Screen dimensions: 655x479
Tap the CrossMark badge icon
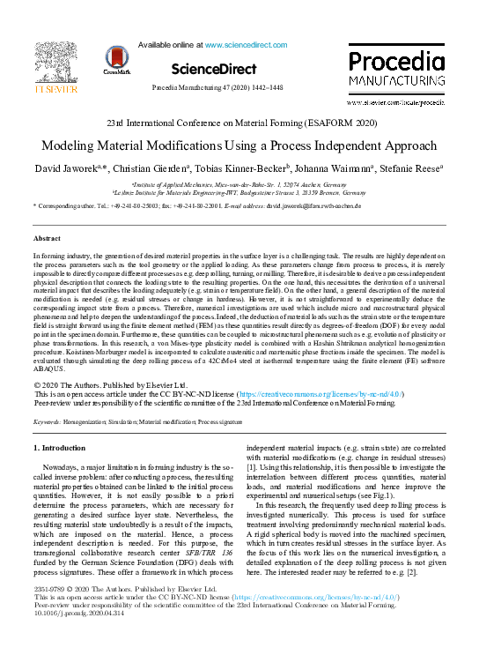coord(117,61)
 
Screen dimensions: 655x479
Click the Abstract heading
coord(47,238)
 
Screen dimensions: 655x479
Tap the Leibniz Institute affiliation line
coord(239,190)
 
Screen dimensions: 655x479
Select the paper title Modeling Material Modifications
coord(239,145)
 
